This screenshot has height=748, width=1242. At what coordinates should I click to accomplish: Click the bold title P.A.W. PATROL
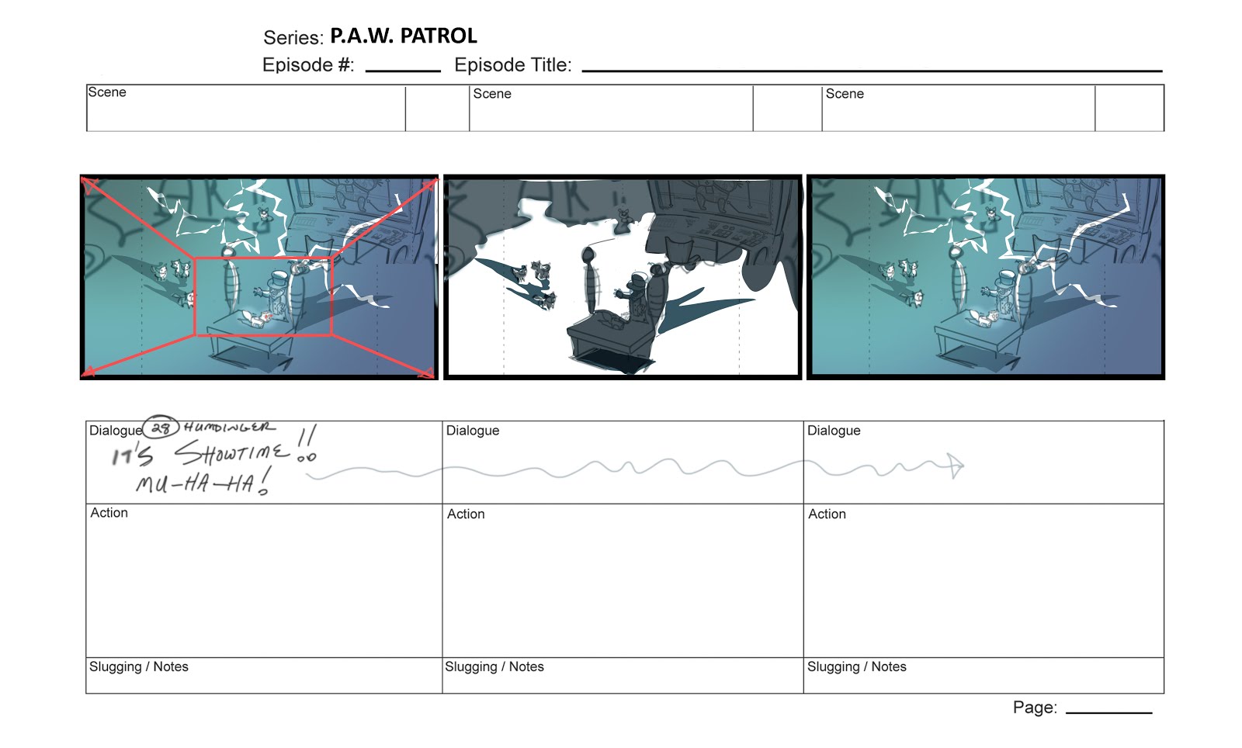tap(403, 36)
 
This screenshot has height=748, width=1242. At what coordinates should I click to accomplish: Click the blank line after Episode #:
tap(403, 71)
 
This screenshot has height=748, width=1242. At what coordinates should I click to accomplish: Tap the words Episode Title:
tap(513, 65)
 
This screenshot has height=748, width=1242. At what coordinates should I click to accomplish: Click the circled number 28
tap(161, 428)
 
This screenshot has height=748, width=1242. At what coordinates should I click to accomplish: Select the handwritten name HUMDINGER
tap(229, 428)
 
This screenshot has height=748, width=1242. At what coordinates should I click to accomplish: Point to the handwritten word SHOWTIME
tap(232, 453)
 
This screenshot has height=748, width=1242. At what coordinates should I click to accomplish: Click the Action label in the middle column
tap(466, 514)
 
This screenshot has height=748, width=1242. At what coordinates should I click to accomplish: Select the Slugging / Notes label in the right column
tap(857, 667)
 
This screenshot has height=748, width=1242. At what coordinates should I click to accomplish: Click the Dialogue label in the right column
tap(834, 431)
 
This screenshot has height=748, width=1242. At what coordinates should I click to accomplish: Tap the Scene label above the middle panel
tap(492, 94)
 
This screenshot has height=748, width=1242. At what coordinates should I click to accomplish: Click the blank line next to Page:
tap(1109, 712)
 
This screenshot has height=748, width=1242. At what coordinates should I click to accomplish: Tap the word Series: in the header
tap(293, 38)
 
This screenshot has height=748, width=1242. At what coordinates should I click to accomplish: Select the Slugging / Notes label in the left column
tap(139, 667)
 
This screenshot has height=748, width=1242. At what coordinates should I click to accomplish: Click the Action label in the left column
tap(109, 513)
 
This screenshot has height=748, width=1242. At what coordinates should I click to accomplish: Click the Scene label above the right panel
tap(845, 94)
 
